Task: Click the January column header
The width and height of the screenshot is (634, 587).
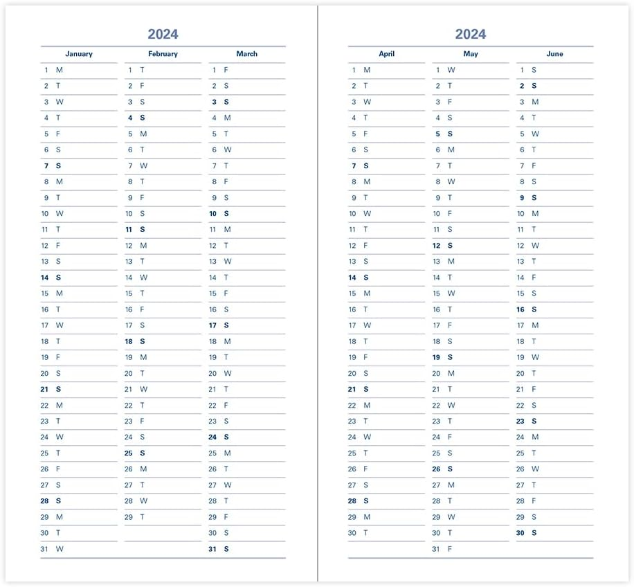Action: pos(79,54)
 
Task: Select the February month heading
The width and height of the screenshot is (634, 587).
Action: pos(163,54)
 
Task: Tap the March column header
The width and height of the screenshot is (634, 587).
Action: pos(246,54)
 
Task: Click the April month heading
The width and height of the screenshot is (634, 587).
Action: pos(386,54)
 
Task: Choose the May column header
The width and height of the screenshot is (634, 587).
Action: pos(471,54)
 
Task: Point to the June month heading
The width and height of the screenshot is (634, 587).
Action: pos(554,54)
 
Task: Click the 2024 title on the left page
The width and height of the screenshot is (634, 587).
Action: pos(163,34)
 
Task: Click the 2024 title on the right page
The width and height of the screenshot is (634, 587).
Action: pos(470,34)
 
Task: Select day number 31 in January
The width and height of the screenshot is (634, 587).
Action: pos(45,549)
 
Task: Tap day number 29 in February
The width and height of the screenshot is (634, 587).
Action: pos(129,517)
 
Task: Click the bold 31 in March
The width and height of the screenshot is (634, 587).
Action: pos(213,549)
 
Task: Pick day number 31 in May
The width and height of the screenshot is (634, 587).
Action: pos(436,549)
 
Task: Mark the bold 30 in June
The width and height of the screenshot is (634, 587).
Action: pos(520,533)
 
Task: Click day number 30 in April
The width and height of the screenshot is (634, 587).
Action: pos(352,533)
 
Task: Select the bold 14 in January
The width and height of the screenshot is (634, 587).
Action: pos(45,278)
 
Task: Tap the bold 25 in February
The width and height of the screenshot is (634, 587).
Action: pos(129,453)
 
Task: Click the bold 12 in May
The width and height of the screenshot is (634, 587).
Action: pos(436,246)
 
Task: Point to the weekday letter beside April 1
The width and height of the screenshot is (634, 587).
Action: pos(367,70)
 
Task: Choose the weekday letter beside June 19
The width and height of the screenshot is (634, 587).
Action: pos(535,358)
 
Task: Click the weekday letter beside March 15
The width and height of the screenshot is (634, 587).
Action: pos(226,293)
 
